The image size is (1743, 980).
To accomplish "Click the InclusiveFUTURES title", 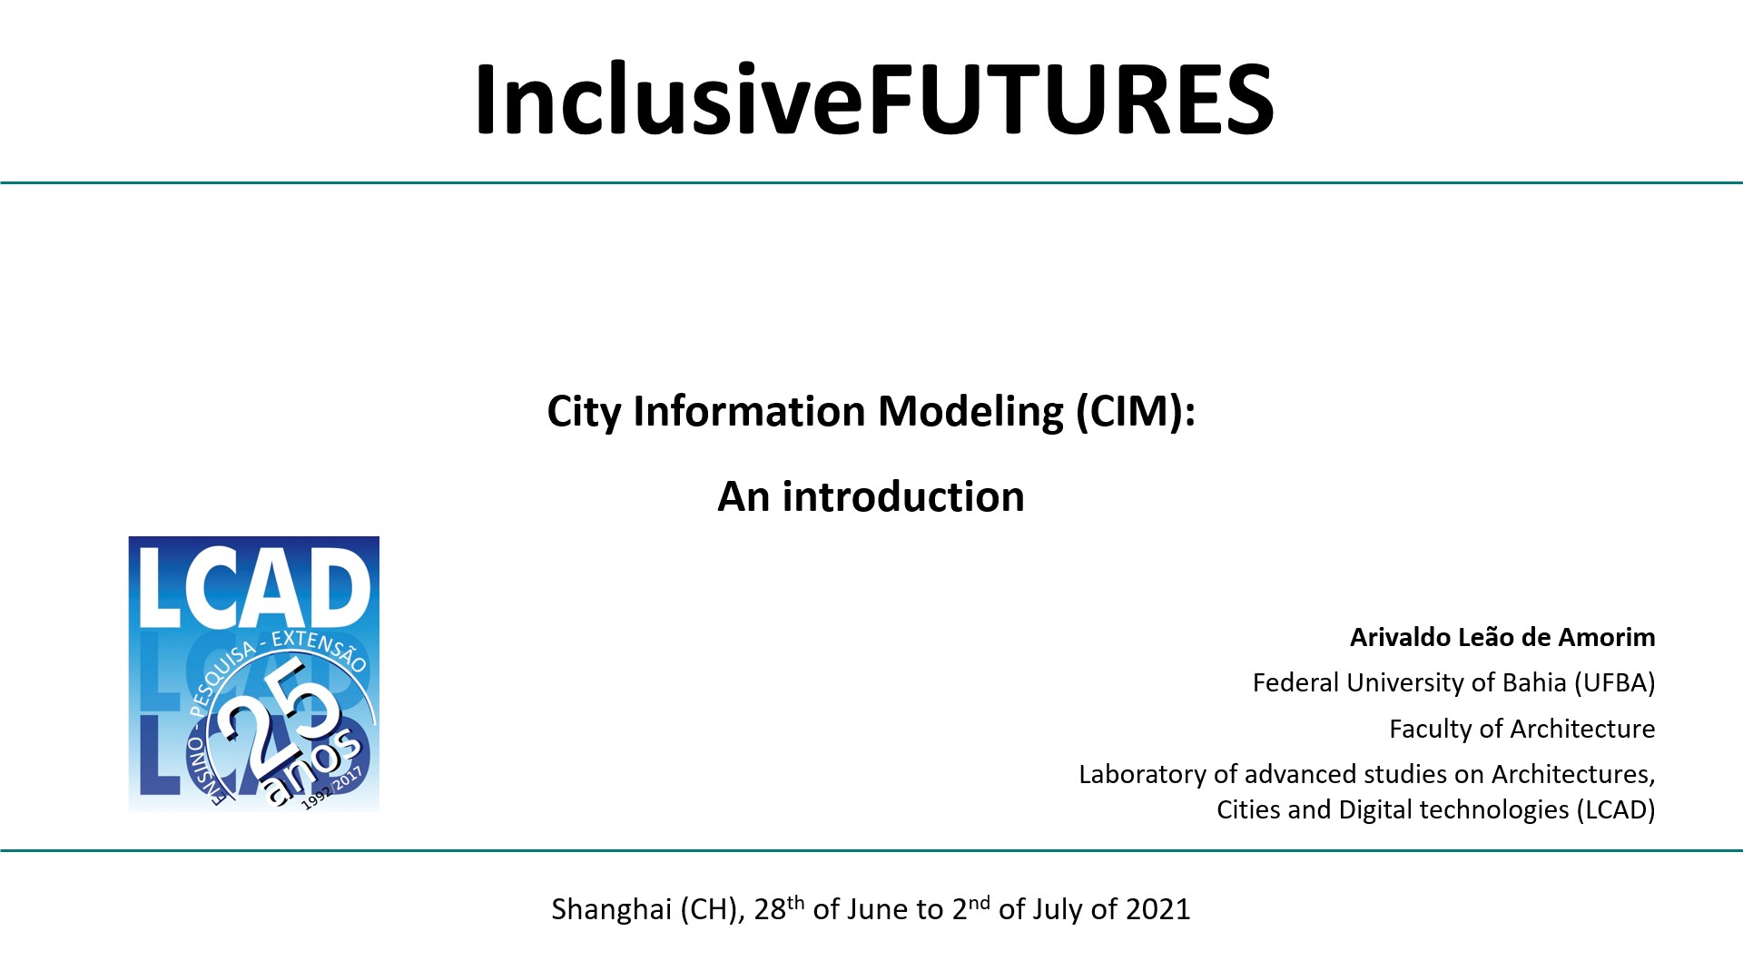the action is pos(874,99).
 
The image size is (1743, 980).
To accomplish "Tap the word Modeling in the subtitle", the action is pos(970,411).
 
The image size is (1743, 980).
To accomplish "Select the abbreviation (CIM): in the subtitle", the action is pos(1136,411).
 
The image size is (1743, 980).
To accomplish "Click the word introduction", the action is pos(903,496).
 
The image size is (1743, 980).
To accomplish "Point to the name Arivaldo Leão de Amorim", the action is pos(1502,637).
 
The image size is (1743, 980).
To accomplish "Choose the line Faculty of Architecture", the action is pos(1522,729).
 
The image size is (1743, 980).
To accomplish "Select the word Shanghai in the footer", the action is pos(611,909).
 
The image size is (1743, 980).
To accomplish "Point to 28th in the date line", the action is pos(779,907).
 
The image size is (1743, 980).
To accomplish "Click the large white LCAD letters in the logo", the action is pos(254,588).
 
